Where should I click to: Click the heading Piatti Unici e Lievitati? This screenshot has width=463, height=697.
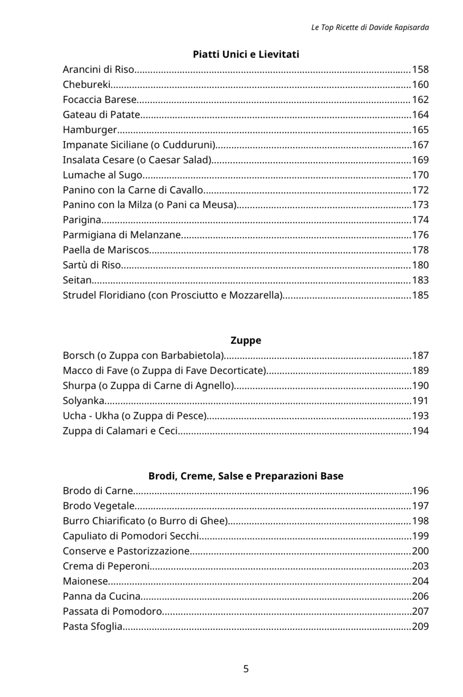(246, 54)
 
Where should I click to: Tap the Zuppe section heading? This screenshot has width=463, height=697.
(246, 340)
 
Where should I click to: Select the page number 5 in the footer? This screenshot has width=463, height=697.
(246, 669)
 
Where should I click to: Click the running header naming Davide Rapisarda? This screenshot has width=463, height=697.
(370, 27)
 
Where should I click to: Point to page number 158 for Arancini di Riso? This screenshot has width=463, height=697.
(420, 69)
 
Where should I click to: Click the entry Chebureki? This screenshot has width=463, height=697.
(87, 84)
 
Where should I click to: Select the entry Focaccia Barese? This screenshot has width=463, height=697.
(100, 100)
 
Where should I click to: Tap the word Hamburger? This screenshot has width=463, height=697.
(90, 130)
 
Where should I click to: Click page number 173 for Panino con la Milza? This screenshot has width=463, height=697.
(420, 205)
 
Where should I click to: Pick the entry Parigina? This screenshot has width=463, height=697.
(82, 220)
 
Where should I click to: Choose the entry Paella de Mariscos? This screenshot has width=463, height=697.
(106, 250)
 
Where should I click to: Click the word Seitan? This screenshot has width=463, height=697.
(77, 280)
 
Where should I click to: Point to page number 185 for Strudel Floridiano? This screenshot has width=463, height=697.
(420, 295)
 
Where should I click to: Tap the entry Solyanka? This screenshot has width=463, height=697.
(83, 401)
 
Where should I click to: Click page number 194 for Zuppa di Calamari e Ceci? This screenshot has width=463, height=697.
(420, 431)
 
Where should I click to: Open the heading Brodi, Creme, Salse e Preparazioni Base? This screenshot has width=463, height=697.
(246, 476)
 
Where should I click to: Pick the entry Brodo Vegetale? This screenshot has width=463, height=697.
(99, 506)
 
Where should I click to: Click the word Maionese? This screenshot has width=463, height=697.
(85, 581)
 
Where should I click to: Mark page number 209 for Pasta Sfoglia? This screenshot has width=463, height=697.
(420, 626)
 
